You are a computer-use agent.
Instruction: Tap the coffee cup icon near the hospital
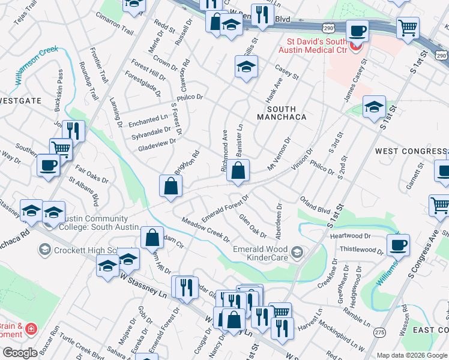pos(358,31)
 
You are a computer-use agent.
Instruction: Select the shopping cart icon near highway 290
pos(408,27)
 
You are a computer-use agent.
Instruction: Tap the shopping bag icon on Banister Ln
pos(238,170)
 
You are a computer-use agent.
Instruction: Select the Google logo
pos(20,353)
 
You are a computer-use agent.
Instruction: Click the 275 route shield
pos(379,332)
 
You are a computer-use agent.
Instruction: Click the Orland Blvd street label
pos(315,206)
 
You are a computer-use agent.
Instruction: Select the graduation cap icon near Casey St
pos(246,67)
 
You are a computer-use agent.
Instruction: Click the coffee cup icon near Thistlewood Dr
pos(398,244)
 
